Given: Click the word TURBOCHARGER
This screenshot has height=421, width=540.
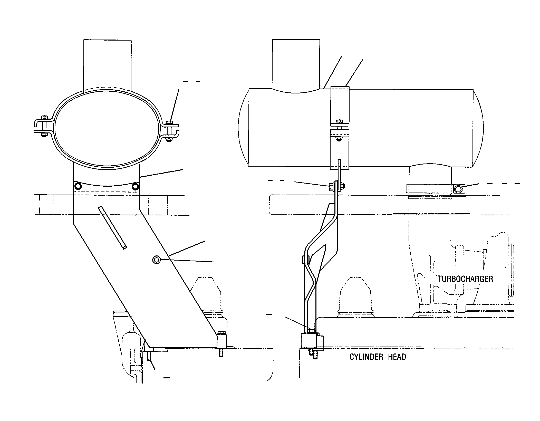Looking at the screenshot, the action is click(465, 279).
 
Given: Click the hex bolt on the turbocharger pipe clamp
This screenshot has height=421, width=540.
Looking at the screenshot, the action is click(458, 189).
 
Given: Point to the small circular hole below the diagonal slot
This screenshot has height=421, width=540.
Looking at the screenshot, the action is click(156, 260).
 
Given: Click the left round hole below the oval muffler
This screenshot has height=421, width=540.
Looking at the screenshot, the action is click(77, 186).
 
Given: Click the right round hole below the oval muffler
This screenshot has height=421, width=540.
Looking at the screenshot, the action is click(135, 186).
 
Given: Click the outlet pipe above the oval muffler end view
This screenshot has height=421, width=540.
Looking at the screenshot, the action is click(108, 65).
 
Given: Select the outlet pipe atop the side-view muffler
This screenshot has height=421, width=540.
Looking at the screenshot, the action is click(296, 65).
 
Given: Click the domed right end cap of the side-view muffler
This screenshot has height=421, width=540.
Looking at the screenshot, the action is click(478, 128).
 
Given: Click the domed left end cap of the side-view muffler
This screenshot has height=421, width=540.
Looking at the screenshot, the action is click(243, 127).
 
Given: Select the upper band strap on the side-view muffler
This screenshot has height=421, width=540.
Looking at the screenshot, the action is click(340, 106).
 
